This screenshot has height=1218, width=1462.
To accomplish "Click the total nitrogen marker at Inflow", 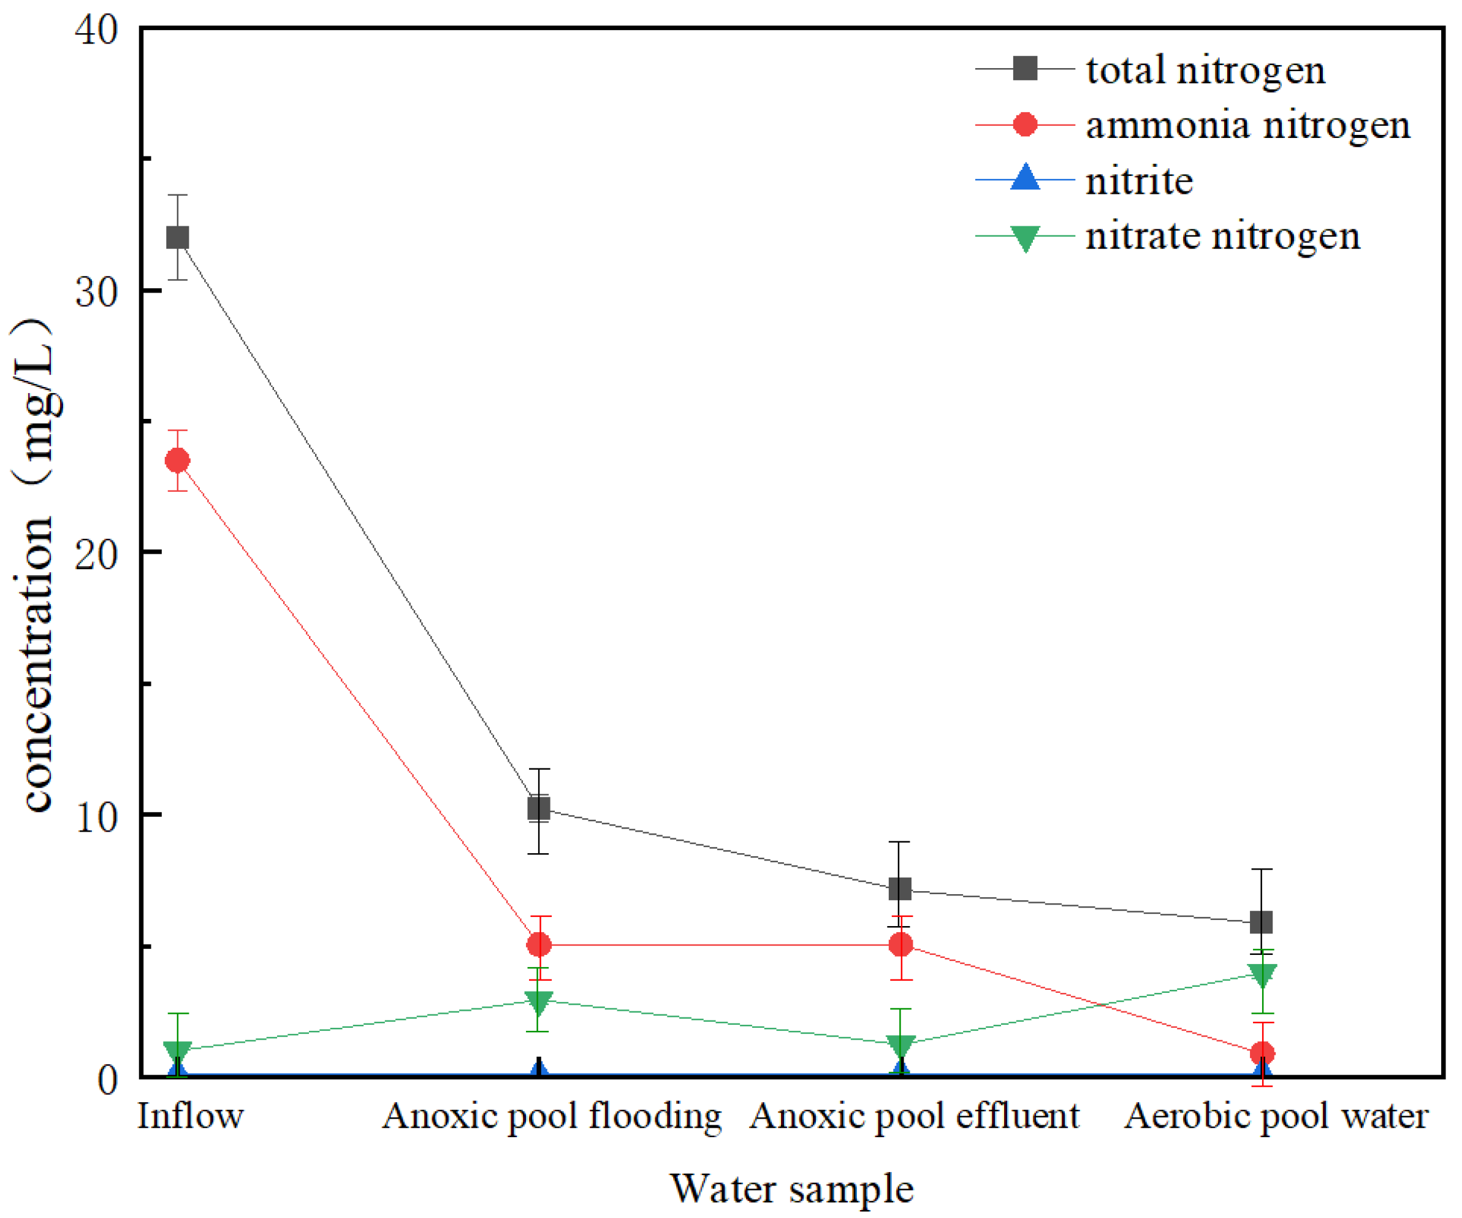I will [178, 237].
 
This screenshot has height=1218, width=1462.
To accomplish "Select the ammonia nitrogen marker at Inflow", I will [178, 461].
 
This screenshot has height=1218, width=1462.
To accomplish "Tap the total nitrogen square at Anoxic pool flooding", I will [539, 808].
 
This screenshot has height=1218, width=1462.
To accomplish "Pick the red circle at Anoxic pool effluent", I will [901, 945].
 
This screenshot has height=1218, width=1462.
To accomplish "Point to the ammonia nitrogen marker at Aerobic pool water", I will [1262, 1053].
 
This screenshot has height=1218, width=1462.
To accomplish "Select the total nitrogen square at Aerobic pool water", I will [1262, 923].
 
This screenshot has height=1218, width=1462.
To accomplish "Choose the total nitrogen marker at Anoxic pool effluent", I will [901, 889].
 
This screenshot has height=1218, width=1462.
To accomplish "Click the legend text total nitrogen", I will [1205, 71].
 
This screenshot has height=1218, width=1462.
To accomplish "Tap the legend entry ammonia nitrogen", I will [1247, 125].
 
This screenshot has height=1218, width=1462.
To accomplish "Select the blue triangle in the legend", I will [1025, 178].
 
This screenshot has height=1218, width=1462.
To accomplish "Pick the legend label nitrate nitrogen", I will [1222, 236].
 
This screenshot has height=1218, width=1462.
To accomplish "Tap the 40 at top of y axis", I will [96, 30].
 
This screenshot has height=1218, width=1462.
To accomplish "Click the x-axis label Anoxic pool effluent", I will [914, 1117].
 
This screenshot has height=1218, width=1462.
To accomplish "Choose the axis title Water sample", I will [791, 1189].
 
